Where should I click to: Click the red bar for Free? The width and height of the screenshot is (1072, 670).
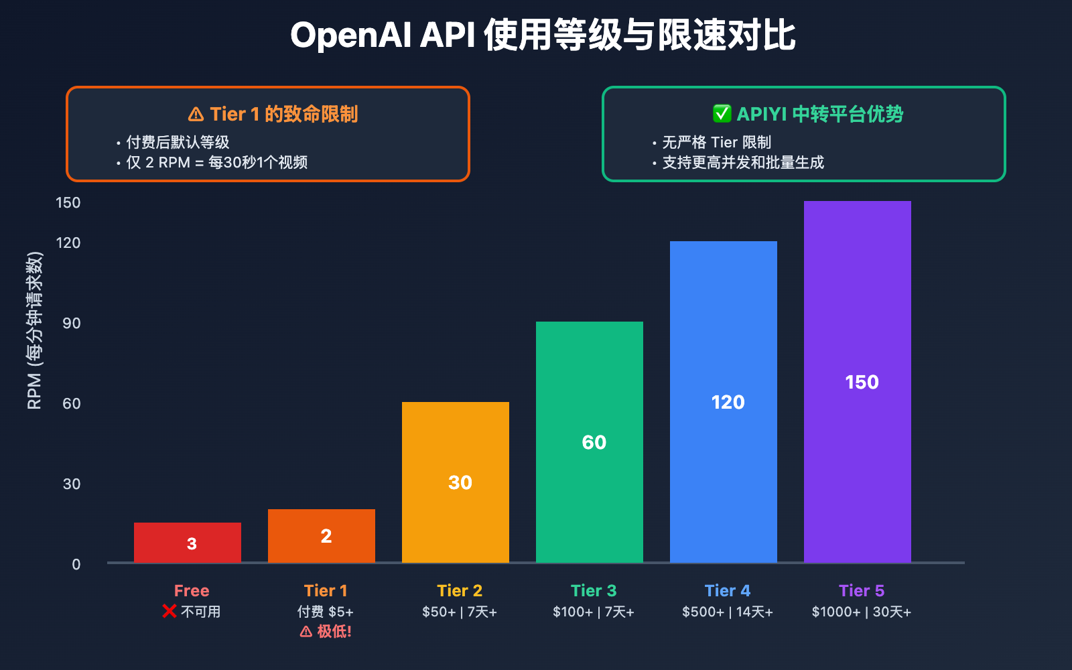[188, 542]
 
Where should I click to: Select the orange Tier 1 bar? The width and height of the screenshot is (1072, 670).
[322, 535]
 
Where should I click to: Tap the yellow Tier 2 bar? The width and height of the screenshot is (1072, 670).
[456, 482]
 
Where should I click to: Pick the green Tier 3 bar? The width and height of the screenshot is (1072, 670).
[590, 442]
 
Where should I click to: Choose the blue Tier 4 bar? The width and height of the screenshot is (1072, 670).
[724, 401]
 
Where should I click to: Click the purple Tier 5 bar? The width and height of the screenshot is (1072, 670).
[858, 381]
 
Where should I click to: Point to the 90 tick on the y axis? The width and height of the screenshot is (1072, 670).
[72, 323]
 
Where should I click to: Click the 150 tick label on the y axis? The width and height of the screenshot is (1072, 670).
[68, 202]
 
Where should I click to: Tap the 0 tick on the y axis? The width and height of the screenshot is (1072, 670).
[76, 564]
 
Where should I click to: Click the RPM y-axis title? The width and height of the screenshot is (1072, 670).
[35, 330]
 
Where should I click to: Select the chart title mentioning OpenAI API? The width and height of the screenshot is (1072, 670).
[543, 35]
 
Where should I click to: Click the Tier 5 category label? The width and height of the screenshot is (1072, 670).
[862, 590]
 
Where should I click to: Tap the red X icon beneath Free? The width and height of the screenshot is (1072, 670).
[170, 611]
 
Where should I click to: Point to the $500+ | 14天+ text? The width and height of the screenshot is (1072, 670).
[728, 612]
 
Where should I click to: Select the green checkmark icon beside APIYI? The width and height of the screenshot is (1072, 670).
[722, 114]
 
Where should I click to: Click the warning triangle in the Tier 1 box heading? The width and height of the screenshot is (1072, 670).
[196, 115]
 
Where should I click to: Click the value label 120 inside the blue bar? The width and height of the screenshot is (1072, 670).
[728, 402]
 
